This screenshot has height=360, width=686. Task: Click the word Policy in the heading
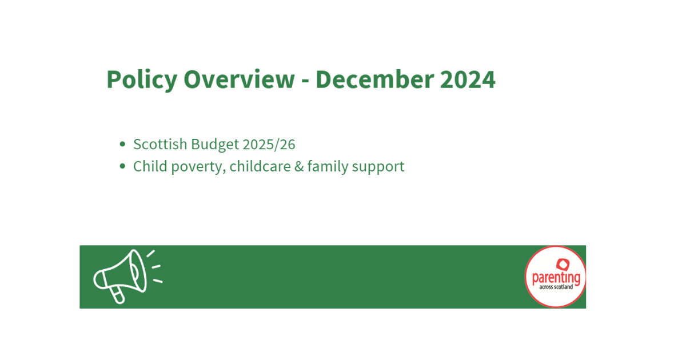coord(141,79)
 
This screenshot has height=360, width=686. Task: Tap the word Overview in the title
coord(238,79)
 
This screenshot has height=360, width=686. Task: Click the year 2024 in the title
coord(467,79)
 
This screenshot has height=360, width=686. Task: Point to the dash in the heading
coord(305,81)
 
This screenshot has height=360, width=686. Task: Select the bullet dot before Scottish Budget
coord(122,145)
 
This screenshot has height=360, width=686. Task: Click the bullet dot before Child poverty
coord(122,166)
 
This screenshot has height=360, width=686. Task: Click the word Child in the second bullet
coord(147,166)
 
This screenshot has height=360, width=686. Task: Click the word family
coord(328,166)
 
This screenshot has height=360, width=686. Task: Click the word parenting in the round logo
coord(555,278)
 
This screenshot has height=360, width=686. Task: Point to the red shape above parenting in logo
coord(563,263)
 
